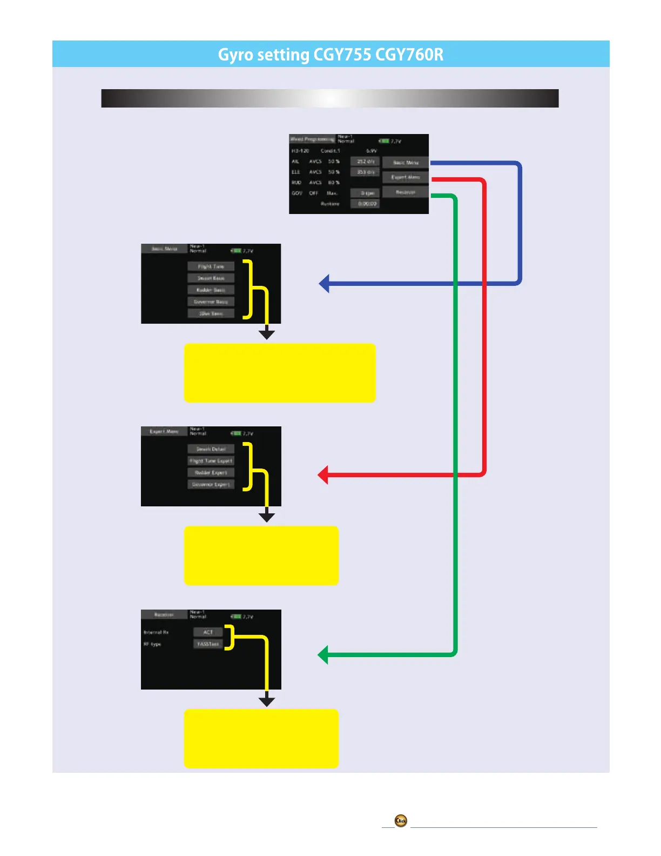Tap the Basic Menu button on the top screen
click(x=406, y=162)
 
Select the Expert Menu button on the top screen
click(x=406, y=177)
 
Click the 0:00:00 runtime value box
click(x=366, y=204)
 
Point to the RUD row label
click(x=296, y=183)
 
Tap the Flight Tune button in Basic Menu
click(x=211, y=266)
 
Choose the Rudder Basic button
click(x=211, y=290)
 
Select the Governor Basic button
click(x=211, y=302)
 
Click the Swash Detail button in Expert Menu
click(x=211, y=449)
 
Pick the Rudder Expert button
click(x=211, y=473)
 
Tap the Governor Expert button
click(x=211, y=485)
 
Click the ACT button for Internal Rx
click(x=208, y=632)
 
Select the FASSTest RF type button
click(x=208, y=644)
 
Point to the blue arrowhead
click(x=324, y=283)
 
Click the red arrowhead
click(x=323, y=475)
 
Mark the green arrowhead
click(x=323, y=655)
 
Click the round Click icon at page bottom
click(x=401, y=821)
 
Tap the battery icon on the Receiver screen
click(x=236, y=617)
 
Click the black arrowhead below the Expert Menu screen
click(x=267, y=517)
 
